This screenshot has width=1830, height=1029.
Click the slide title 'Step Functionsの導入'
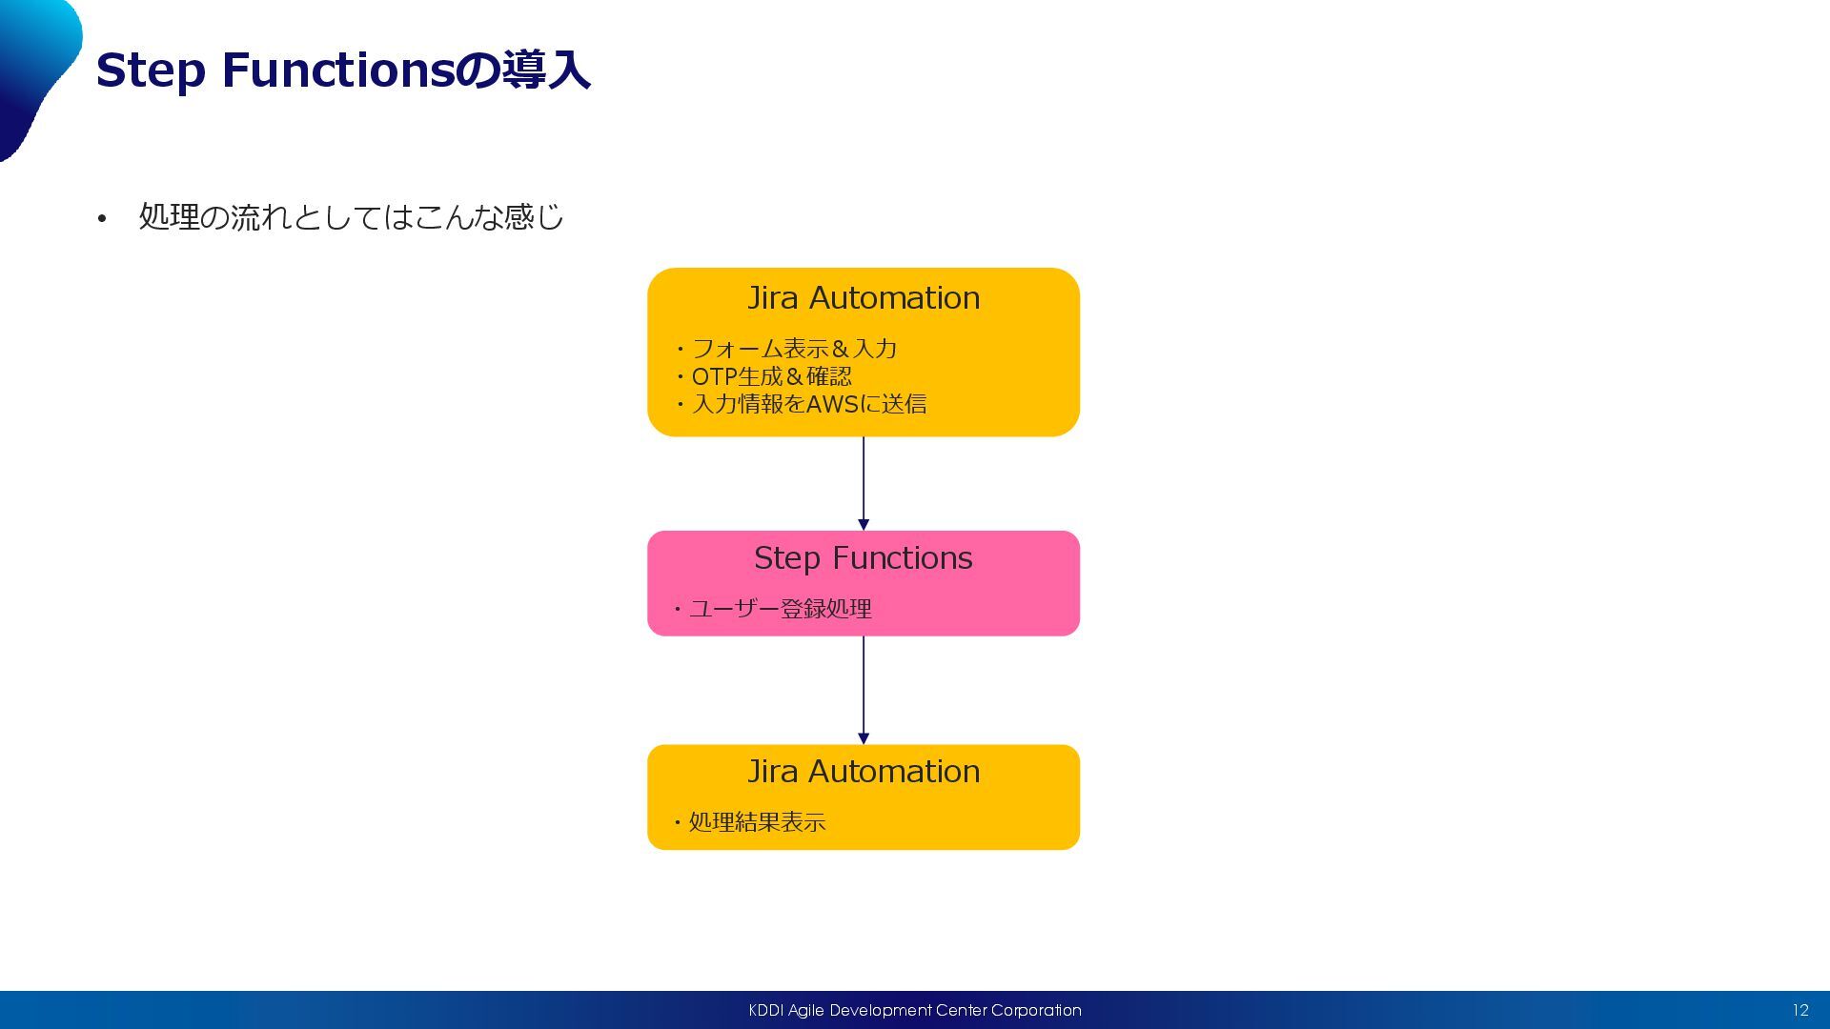(x=343, y=71)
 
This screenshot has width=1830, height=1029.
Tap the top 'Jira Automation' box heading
(x=863, y=298)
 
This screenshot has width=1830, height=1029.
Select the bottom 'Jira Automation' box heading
(x=863, y=772)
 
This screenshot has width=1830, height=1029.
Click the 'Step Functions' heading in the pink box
(x=863, y=558)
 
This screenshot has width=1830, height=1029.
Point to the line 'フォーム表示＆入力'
(x=794, y=349)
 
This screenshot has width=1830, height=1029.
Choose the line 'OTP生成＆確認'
(x=771, y=376)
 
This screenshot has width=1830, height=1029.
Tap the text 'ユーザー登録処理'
(x=780, y=609)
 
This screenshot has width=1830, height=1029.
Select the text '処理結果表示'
(x=757, y=822)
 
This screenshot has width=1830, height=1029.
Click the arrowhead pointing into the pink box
(x=864, y=525)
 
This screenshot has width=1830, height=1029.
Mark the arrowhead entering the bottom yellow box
(x=864, y=738)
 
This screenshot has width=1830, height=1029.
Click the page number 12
(x=1799, y=1010)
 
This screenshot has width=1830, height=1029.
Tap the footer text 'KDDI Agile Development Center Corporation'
(x=915, y=1010)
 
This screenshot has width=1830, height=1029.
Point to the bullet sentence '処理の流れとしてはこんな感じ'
(x=351, y=217)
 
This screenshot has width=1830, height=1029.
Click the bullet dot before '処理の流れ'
(x=102, y=220)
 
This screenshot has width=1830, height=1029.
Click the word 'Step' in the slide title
(x=151, y=71)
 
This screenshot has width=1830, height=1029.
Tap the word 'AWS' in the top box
(x=833, y=404)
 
